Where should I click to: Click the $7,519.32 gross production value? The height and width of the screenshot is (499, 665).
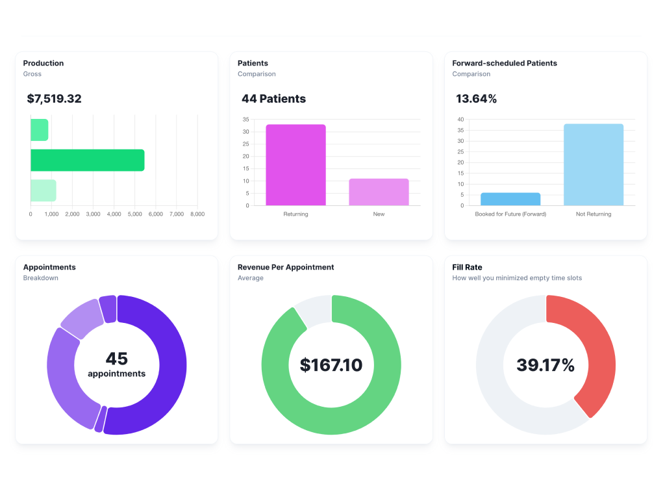tap(54, 99)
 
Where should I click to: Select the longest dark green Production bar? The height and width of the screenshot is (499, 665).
tap(87, 160)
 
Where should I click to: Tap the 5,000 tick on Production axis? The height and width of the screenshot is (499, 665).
tap(134, 214)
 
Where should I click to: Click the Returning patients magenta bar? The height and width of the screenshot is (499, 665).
tap(295, 165)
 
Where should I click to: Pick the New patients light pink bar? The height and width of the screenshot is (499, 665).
tap(379, 192)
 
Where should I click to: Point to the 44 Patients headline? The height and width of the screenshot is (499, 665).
tap(273, 99)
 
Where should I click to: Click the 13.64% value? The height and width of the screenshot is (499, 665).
tap(476, 99)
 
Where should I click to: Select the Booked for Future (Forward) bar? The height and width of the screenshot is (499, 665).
tap(510, 199)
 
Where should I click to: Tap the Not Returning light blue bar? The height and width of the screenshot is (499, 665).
tap(594, 165)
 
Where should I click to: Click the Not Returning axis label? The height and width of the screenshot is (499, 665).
tap(594, 214)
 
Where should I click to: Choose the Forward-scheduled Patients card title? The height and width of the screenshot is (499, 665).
tap(505, 63)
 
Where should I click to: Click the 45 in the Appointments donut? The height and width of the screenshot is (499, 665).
tap(117, 359)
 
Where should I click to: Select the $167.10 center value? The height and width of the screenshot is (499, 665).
tap(331, 365)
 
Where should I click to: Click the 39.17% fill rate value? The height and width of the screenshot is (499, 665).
tap(546, 365)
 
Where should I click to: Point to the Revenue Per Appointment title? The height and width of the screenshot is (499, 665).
tap(286, 267)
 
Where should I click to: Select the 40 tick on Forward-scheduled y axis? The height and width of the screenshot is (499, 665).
tap(460, 120)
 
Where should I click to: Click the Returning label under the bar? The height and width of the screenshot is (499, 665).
tap(295, 214)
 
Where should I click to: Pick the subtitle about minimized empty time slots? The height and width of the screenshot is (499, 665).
tap(517, 278)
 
